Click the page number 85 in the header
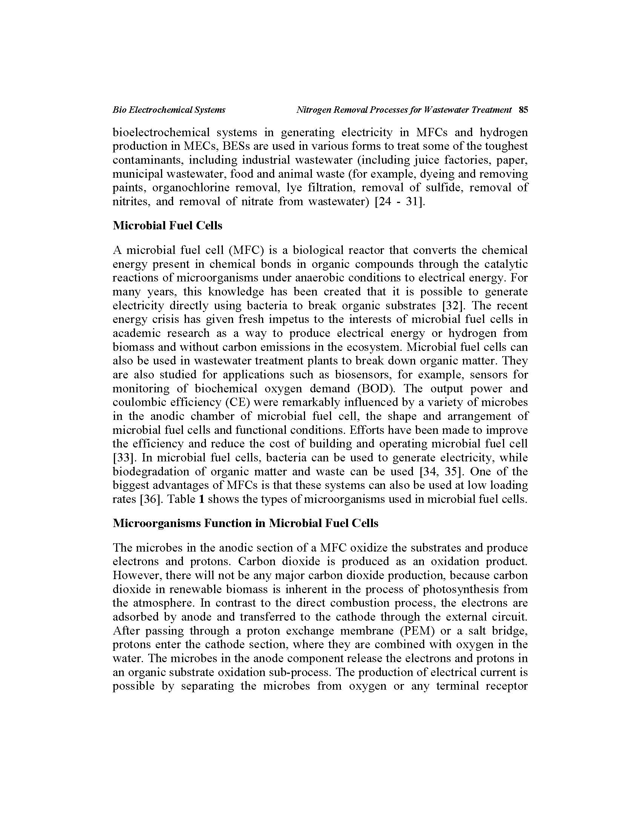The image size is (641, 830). [x=523, y=110]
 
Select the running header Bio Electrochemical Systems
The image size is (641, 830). [x=169, y=110]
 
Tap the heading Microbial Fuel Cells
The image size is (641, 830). [x=167, y=226]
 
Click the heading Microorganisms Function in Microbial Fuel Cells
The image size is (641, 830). [x=245, y=523]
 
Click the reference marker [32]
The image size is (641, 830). [x=454, y=306]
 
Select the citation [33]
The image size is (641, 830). [x=122, y=458]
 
